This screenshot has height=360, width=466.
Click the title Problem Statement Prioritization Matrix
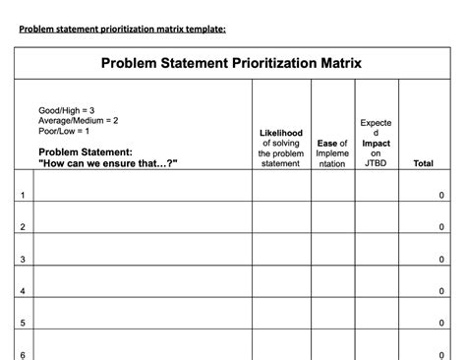(232, 63)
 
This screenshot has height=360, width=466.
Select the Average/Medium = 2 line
(78, 120)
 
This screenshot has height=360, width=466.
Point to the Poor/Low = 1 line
(64, 131)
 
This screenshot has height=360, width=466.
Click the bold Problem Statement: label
(85, 152)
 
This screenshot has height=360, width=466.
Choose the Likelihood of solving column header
(281, 148)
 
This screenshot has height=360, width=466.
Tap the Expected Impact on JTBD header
(376, 144)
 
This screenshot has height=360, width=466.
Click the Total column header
(424, 163)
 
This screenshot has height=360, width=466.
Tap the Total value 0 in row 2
(440, 228)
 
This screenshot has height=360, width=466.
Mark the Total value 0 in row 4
(440, 292)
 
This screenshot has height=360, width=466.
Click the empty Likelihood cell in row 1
(281, 187)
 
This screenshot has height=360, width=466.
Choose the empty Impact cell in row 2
(376, 218)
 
